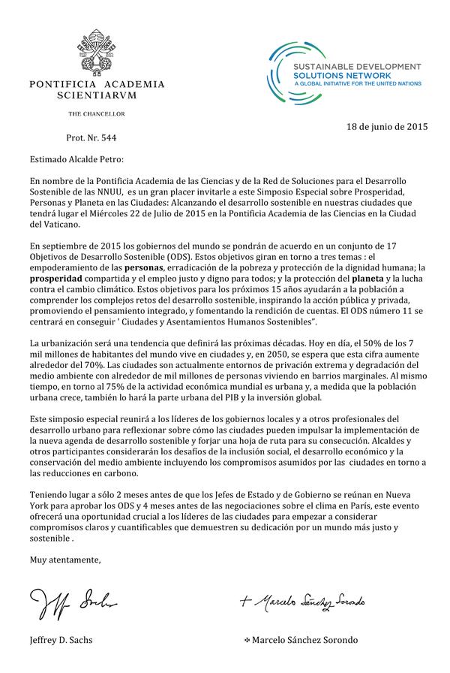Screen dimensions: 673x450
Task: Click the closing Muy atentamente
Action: (64, 559)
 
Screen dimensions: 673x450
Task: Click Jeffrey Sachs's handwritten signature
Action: (73, 600)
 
